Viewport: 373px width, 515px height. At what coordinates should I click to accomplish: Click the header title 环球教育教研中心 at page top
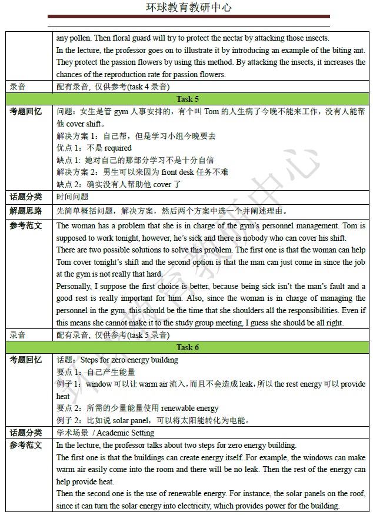click(188, 8)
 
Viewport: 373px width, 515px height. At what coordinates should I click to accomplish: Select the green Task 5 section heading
click(188, 99)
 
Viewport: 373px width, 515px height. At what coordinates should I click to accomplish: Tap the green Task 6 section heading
click(188, 347)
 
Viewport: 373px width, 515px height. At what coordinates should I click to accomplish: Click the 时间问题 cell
click(72, 197)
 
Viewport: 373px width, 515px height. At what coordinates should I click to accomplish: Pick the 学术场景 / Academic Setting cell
click(105, 433)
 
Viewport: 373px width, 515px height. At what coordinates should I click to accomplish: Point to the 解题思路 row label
click(26, 210)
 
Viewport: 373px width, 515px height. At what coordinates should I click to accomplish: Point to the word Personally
click(74, 287)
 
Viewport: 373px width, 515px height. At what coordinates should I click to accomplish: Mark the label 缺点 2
click(68, 184)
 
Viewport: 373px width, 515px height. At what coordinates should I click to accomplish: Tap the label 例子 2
click(68, 420)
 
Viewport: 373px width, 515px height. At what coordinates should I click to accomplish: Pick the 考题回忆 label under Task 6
click(26, 360)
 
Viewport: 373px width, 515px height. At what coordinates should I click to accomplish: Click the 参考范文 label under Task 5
click(26, 225)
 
